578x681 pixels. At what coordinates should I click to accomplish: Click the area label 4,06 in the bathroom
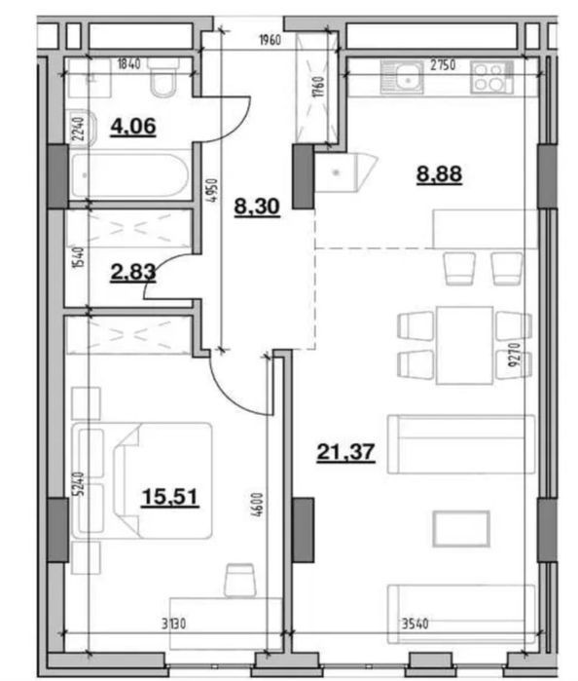pos(133,127)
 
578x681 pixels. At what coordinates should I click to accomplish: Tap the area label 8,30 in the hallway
pos(257,207)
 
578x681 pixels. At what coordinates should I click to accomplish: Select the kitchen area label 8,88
pos(439,174)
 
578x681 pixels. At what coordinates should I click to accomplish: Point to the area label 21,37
pos(345,453)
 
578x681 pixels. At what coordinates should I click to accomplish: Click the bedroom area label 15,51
pos(170,497)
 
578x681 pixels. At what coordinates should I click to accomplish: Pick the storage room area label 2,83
pos(133,273)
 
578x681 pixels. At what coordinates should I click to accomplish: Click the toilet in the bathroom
pos(163,78)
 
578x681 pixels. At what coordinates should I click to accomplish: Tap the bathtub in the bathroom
pos(130,175)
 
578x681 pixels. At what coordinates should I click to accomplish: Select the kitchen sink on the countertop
pos(401,77)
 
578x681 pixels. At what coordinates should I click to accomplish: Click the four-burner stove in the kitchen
pos(491,77)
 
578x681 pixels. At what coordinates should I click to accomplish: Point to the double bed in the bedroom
pos(142,480)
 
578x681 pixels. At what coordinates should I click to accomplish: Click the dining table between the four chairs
pos(465,345)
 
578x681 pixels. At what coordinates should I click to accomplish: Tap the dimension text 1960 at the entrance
pos(270,40)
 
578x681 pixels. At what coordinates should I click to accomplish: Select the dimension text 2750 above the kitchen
pos(443,65)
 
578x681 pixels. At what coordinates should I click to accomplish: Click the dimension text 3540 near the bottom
pos(415,624)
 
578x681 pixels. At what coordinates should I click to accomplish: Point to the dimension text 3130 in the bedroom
pos(173,624)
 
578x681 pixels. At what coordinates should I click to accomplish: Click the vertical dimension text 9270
pos(514,355)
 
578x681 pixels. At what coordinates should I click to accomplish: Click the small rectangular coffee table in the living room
pos(461,529)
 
